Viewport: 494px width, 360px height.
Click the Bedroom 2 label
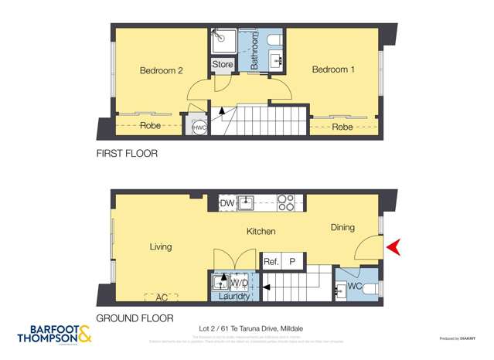click(161, 70)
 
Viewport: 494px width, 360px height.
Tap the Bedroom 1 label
click(333, 70)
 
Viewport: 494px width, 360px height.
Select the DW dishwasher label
click(227, 203)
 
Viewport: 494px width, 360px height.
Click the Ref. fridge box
click(271, 262)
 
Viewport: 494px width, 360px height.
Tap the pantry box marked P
click(292, 262)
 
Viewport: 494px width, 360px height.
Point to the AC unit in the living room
click(161, 297)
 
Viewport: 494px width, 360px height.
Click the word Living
click(161, 247)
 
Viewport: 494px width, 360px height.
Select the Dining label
click(342, 227)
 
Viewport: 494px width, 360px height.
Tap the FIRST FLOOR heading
click(127, 154)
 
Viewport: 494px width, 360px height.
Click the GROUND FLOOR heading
click(135, 318)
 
